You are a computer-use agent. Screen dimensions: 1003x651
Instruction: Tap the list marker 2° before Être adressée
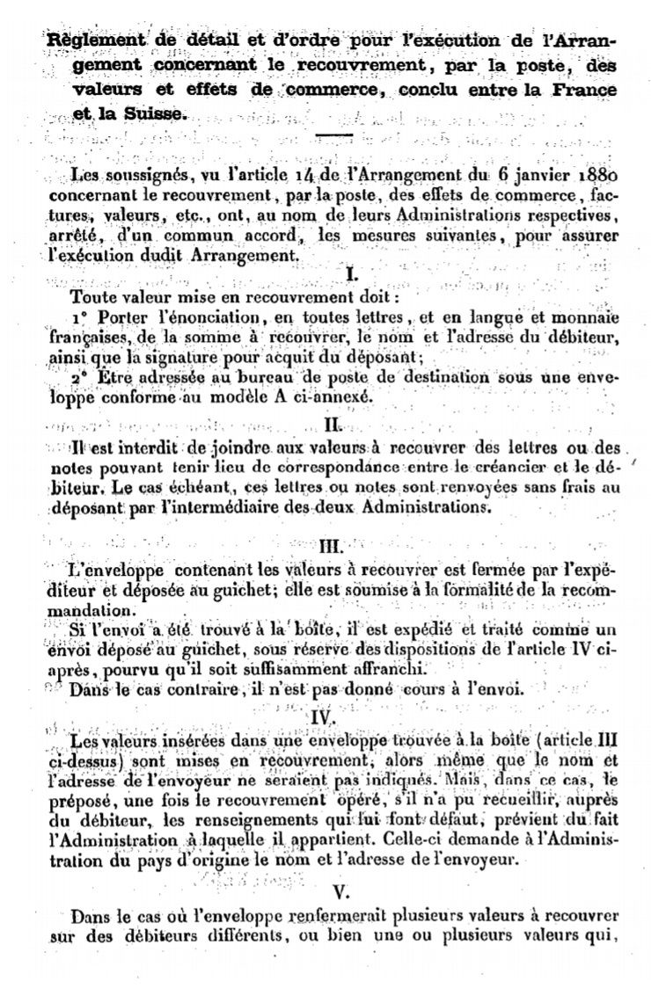tap(82, 376)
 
